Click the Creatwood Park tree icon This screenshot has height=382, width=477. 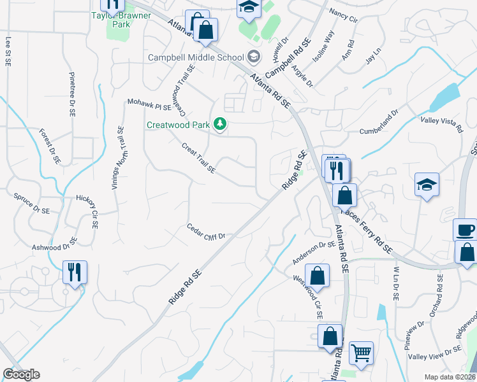pyautogui.click(x=220, y=124)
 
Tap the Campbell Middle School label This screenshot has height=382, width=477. pyautogui.click(x=196, y=57)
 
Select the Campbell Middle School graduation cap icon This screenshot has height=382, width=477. pyautogui.click(x=254, y=57)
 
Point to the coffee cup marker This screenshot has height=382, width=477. pyautogui.click(x=465, y=229)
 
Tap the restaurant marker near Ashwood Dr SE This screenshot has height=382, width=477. pyautogui.click(x=75, y=272)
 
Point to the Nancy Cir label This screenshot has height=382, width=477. pyautogui.click(x=344, y=15)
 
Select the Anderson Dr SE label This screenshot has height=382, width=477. pyautogui.click(x=314, y=252)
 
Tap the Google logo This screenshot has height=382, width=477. pyautogui.click(x=21, y=374)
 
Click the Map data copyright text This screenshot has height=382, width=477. pyautogui.click(x=450, y=377)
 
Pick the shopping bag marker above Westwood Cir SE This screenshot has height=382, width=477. pyautogui.click(x=317, y=276)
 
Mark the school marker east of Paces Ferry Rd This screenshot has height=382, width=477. pyautogui.click(x=427, y=185)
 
